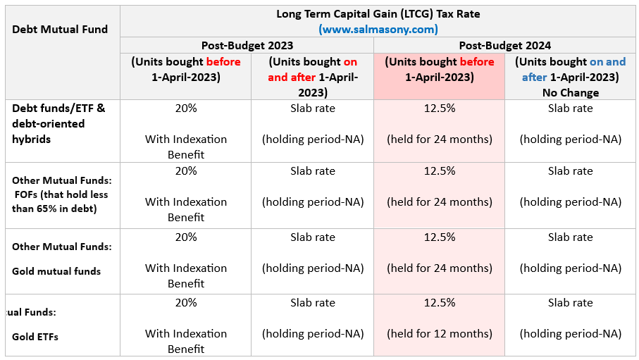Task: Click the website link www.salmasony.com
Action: pos(378,29)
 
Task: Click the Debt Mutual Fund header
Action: pos(60,29)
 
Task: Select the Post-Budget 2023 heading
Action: pos(247,45)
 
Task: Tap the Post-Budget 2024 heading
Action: pos(504,45)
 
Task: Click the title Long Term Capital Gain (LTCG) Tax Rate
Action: pos(378,13)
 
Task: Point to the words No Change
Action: pos(570,92)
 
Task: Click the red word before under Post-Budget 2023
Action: pos(223,61)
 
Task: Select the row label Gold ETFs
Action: pos(35,336)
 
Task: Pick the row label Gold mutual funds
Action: pos(56,271)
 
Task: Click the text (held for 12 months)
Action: pos(439,333)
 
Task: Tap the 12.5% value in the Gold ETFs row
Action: pos(439,302)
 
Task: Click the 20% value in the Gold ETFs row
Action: pos(185,302)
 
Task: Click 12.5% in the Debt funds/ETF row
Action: pos(439,108)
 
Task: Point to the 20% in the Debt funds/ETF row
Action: pos(185,108)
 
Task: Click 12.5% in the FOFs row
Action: pos(439,170)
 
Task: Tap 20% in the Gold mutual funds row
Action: pos(185,237)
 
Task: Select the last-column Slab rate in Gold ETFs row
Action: pos(570,302)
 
